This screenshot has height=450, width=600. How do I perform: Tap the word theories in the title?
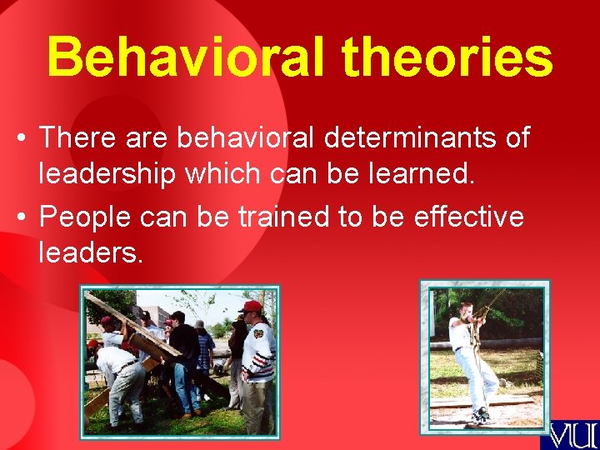(447, 58)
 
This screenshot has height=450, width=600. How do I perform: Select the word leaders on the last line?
(91, 252)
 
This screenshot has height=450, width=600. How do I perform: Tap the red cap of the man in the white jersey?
(250, 307)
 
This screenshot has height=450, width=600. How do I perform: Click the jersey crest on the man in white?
(259, 344)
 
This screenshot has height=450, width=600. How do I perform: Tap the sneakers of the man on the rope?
(478, 415)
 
